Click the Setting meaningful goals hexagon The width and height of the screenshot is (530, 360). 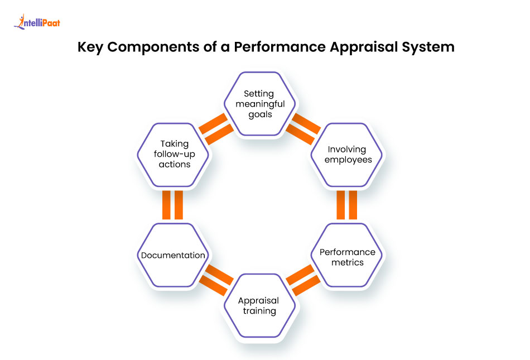(259, 104)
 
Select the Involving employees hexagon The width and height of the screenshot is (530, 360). (346, 155)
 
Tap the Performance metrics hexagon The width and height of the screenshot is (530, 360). (346, 256)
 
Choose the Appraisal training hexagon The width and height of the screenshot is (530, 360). (259, 305)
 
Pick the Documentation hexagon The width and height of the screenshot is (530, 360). (173, 256)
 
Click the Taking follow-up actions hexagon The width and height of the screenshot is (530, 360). (173, 155)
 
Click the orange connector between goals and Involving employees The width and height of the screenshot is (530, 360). (303, 129)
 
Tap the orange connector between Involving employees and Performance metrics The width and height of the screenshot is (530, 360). (346, 205)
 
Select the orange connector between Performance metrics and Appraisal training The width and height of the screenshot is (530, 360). (303, 280)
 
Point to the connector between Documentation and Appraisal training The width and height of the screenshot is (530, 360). (216, 280)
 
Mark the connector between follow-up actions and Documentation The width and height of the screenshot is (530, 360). (173, 205)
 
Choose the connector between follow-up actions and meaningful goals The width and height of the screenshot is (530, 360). (216, 129)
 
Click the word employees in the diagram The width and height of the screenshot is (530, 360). (346, 160)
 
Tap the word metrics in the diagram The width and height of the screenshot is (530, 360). (346, 262)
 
